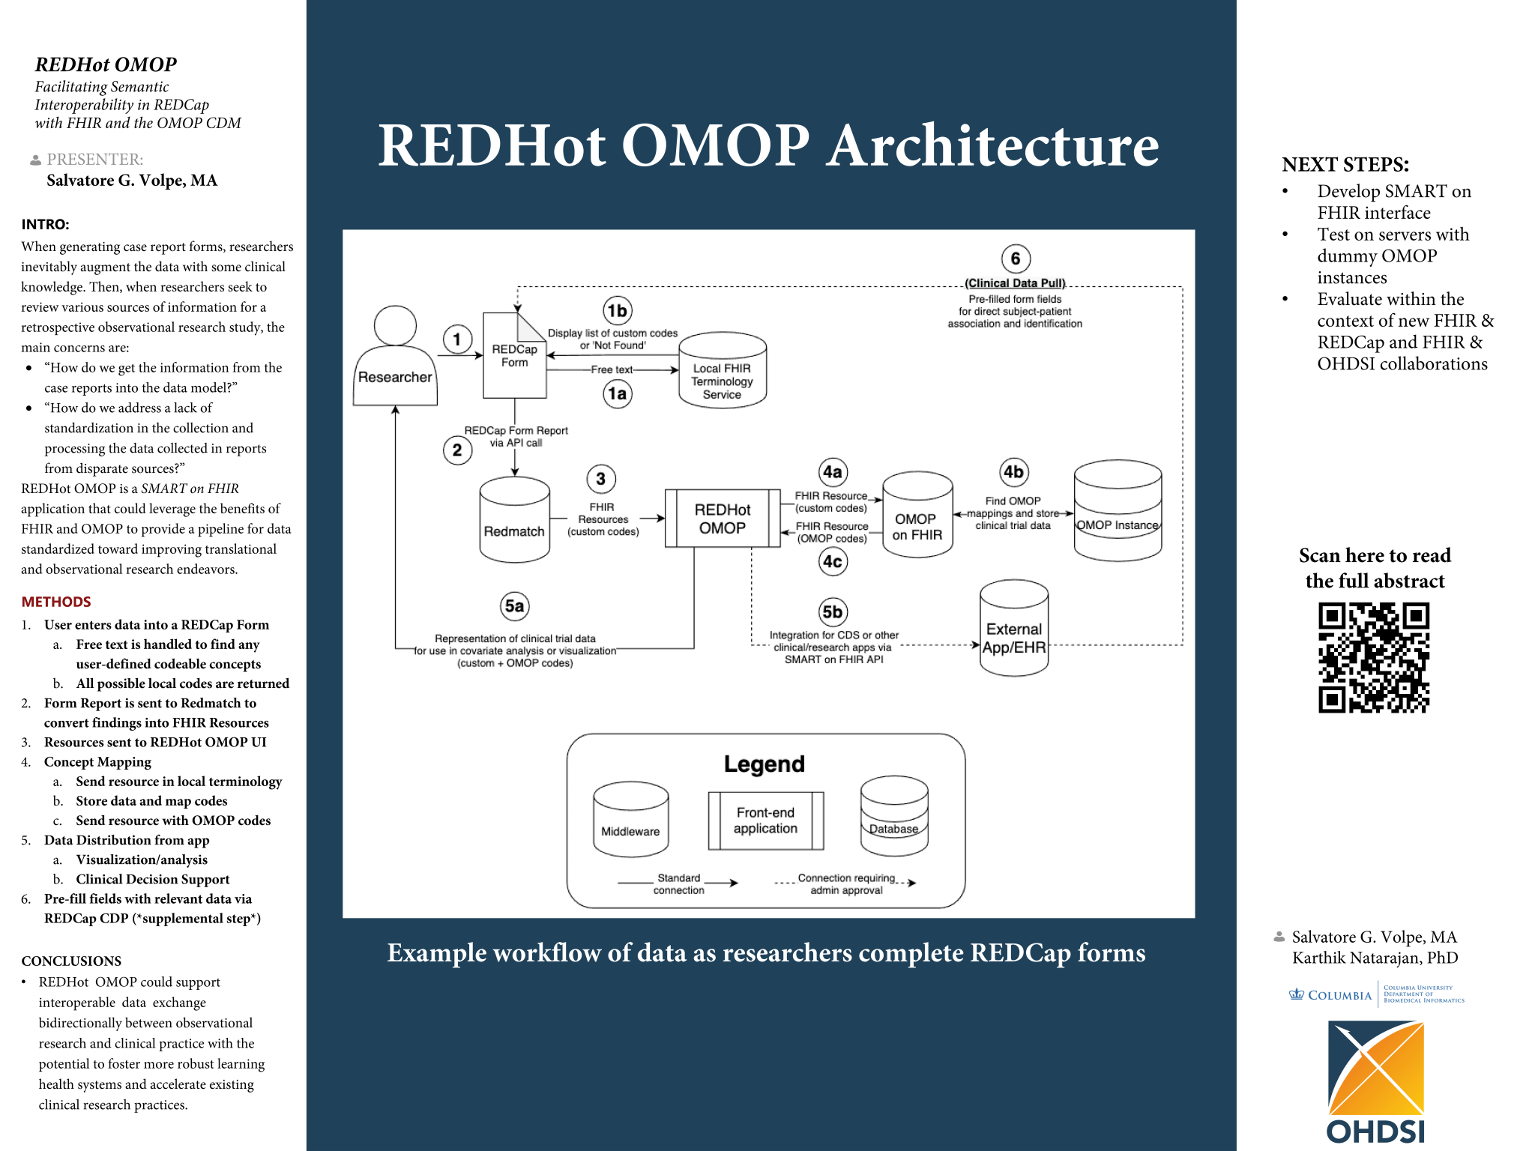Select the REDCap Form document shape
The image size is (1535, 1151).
pyautogui.click(x=514, y=356)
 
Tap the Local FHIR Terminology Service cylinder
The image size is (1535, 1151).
pyautogui.click(x=722, y=372)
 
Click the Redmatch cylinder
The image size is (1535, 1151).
pyautogui.click(x=514, y=520)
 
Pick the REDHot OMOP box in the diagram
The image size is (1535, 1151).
pyautogui.click(x=722, y=519)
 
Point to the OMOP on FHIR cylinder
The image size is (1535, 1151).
pyautogui.click(x=917, y=516)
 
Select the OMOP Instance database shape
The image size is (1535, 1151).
pyautogui.click(x=1117, y=511)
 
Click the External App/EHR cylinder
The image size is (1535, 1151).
pyautogui.click(x=1013, y=629)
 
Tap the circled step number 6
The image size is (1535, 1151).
pyautogui.click(x=1015, y=259)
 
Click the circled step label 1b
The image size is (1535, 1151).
pyautogui.click(x=617, y=310)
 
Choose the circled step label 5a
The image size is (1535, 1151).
pyautogui.click(x=514, y=605)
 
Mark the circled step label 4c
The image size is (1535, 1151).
pyautogui.click(x=832, y=561)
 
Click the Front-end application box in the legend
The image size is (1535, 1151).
pyautogui.click(x=765, y=821)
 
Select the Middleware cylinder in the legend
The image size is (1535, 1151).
pyautogui.click(x=630, y=820)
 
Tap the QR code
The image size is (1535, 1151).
pyautogui.click(x=1373, y=657)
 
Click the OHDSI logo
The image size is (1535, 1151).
pyautogui.click(x=1375, y=1082)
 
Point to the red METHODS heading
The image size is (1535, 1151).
pyautogui.click(x=56, y=602)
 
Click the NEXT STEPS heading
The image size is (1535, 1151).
pyautogui.click(x=1345, y=164)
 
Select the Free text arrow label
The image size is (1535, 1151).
pyautogui.click(x=611, y=369)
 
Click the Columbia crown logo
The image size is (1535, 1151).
pyautogui.click(x=1296, y=994)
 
